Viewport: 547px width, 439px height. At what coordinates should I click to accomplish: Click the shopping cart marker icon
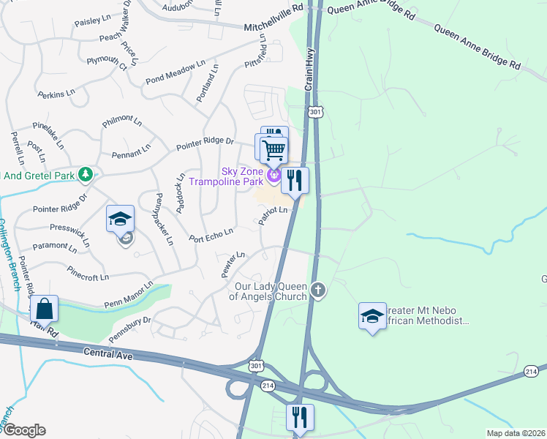point(273,150)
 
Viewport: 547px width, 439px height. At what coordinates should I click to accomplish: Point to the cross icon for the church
point(317,290)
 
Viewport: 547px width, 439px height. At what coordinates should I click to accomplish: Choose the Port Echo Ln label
point(211,235)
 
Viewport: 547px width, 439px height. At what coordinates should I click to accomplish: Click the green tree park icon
point(86,174)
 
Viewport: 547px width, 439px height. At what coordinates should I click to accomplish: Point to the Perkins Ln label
point(56,94)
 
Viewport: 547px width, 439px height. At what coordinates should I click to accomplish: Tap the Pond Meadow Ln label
point(176,72)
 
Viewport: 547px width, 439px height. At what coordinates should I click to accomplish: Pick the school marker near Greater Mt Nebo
point(372,316)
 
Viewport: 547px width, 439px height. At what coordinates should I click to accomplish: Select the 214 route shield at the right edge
point(532,372)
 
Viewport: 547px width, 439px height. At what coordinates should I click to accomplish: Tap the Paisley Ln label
point(90,23)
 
